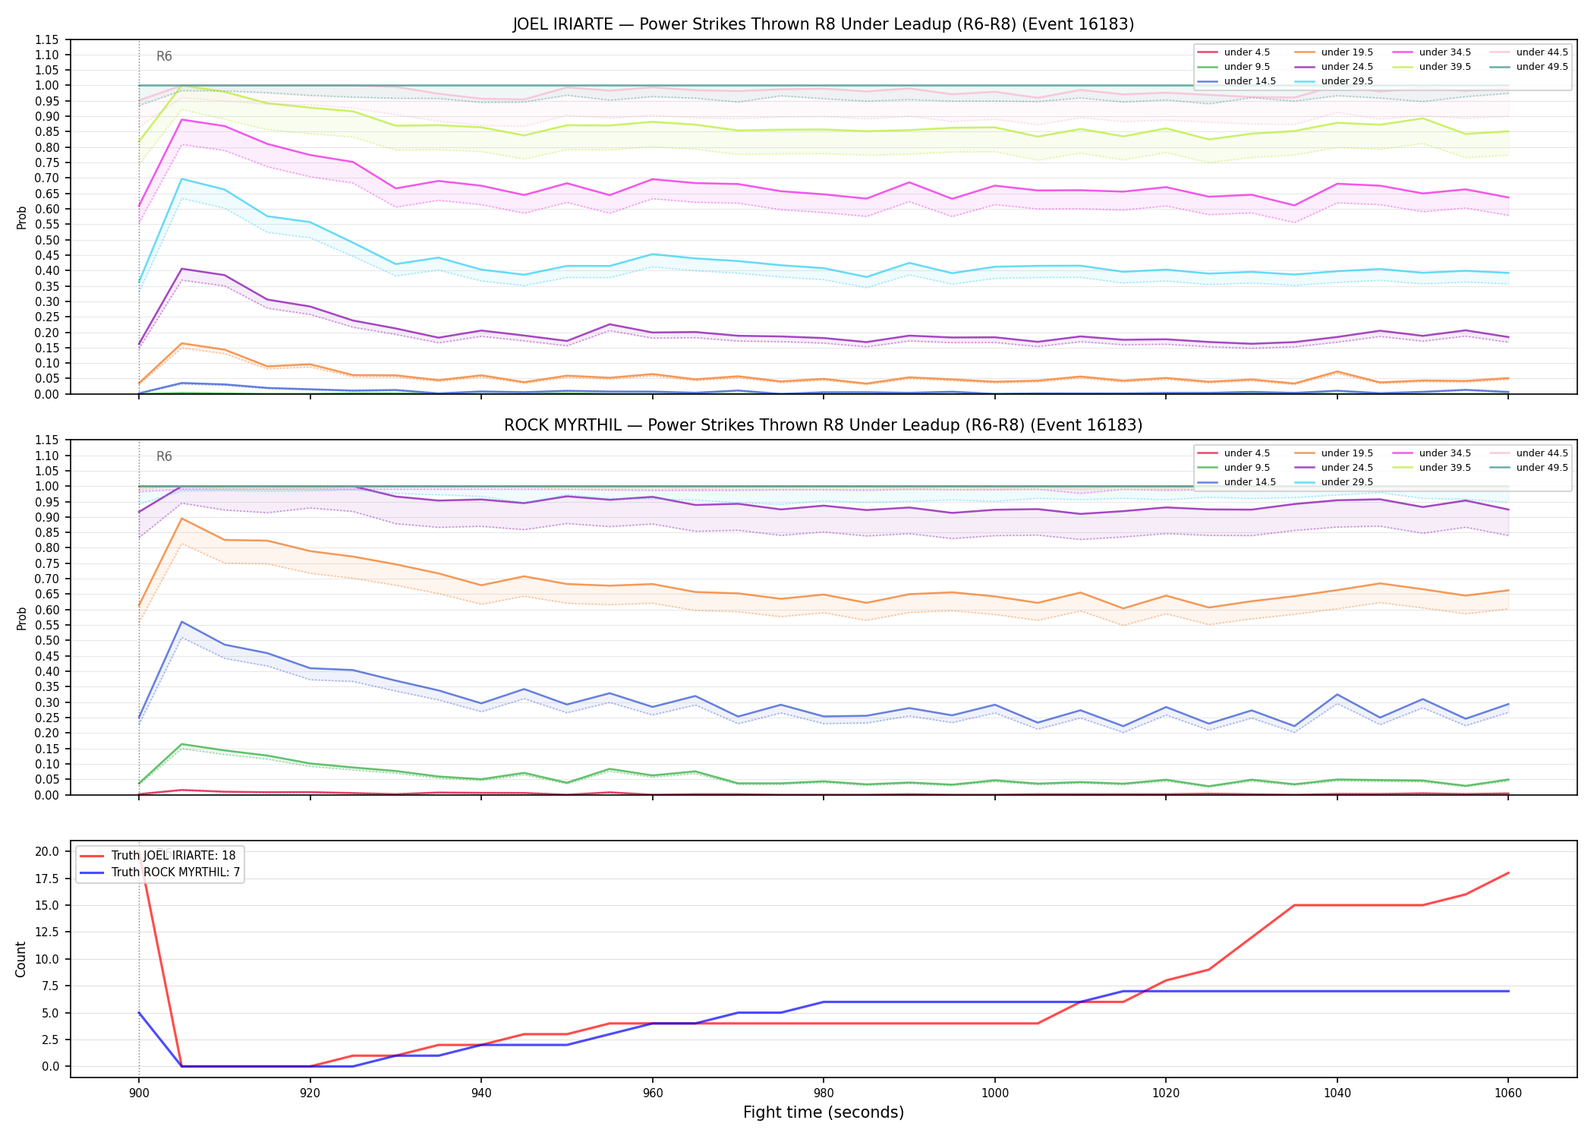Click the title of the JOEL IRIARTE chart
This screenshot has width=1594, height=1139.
(x=823, y=24)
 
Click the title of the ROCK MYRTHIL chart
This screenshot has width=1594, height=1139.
(x=823, y=425)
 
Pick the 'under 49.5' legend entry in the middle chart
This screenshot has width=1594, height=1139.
(x=1529, y=468)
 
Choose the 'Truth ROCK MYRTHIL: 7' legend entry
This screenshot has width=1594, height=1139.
(x=159, y=872)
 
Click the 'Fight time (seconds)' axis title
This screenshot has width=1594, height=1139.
(x=824, y=1112)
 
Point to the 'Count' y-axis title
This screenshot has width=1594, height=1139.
(x=20, y=959)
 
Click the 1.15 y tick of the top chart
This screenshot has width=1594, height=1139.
(x=47, y=39)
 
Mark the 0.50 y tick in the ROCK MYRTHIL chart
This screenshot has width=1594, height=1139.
(x=47, y=640)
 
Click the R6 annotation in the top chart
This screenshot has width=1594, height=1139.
(x=164, y=56)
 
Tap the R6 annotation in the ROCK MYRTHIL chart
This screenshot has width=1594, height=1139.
(x=164, y=456)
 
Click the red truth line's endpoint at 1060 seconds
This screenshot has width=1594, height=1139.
(x=1507, y=873)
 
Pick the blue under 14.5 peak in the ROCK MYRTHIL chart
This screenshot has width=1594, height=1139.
(x=181, y=622)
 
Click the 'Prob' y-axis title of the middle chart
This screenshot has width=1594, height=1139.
(x=21, y=618)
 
